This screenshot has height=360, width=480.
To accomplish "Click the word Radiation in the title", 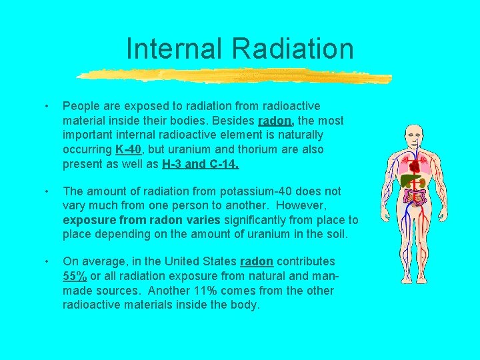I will [x=293, y=49].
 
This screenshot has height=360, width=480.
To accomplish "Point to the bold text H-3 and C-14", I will [x=199, y=165].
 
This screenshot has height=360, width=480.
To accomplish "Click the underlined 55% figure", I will [x=75, y=276].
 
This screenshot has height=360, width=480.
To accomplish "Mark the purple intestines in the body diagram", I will [x=417, y=197].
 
